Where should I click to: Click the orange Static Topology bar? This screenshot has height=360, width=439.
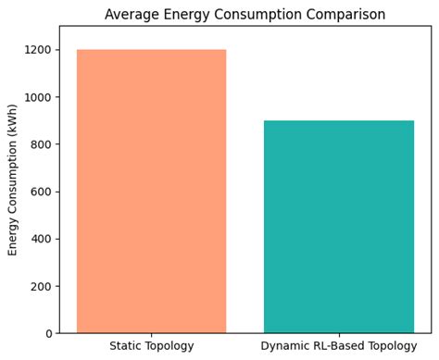click(151, 191)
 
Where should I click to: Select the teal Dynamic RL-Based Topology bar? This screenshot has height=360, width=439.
click(338, 227)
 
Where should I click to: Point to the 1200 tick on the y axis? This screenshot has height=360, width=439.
click(40, 50)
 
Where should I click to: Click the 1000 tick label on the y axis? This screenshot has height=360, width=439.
click(40, 97)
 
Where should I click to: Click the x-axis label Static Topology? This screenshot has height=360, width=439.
click(151, 346)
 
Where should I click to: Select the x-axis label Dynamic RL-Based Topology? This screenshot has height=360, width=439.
click(338, 346)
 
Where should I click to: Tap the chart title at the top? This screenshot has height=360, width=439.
click(245, 15)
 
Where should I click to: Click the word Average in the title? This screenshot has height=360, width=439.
click(132, 15)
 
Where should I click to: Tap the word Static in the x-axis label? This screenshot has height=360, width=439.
click(126, 346)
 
